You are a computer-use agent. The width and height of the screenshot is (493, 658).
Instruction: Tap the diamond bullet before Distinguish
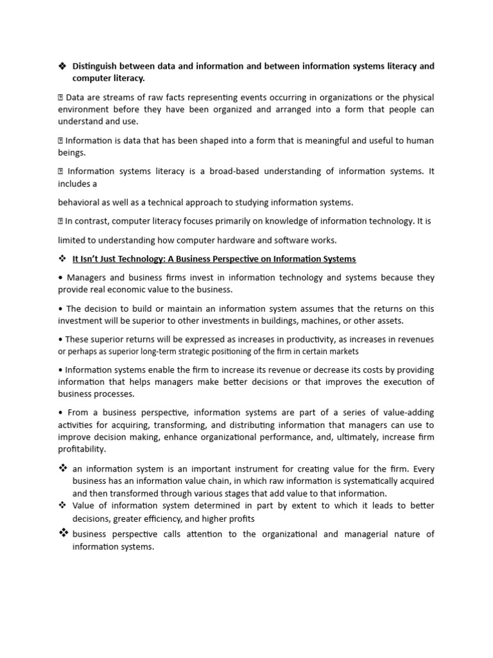62,66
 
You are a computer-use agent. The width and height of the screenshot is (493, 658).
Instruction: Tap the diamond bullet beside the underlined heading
62,259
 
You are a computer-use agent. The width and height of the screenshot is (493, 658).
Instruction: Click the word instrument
246,469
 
